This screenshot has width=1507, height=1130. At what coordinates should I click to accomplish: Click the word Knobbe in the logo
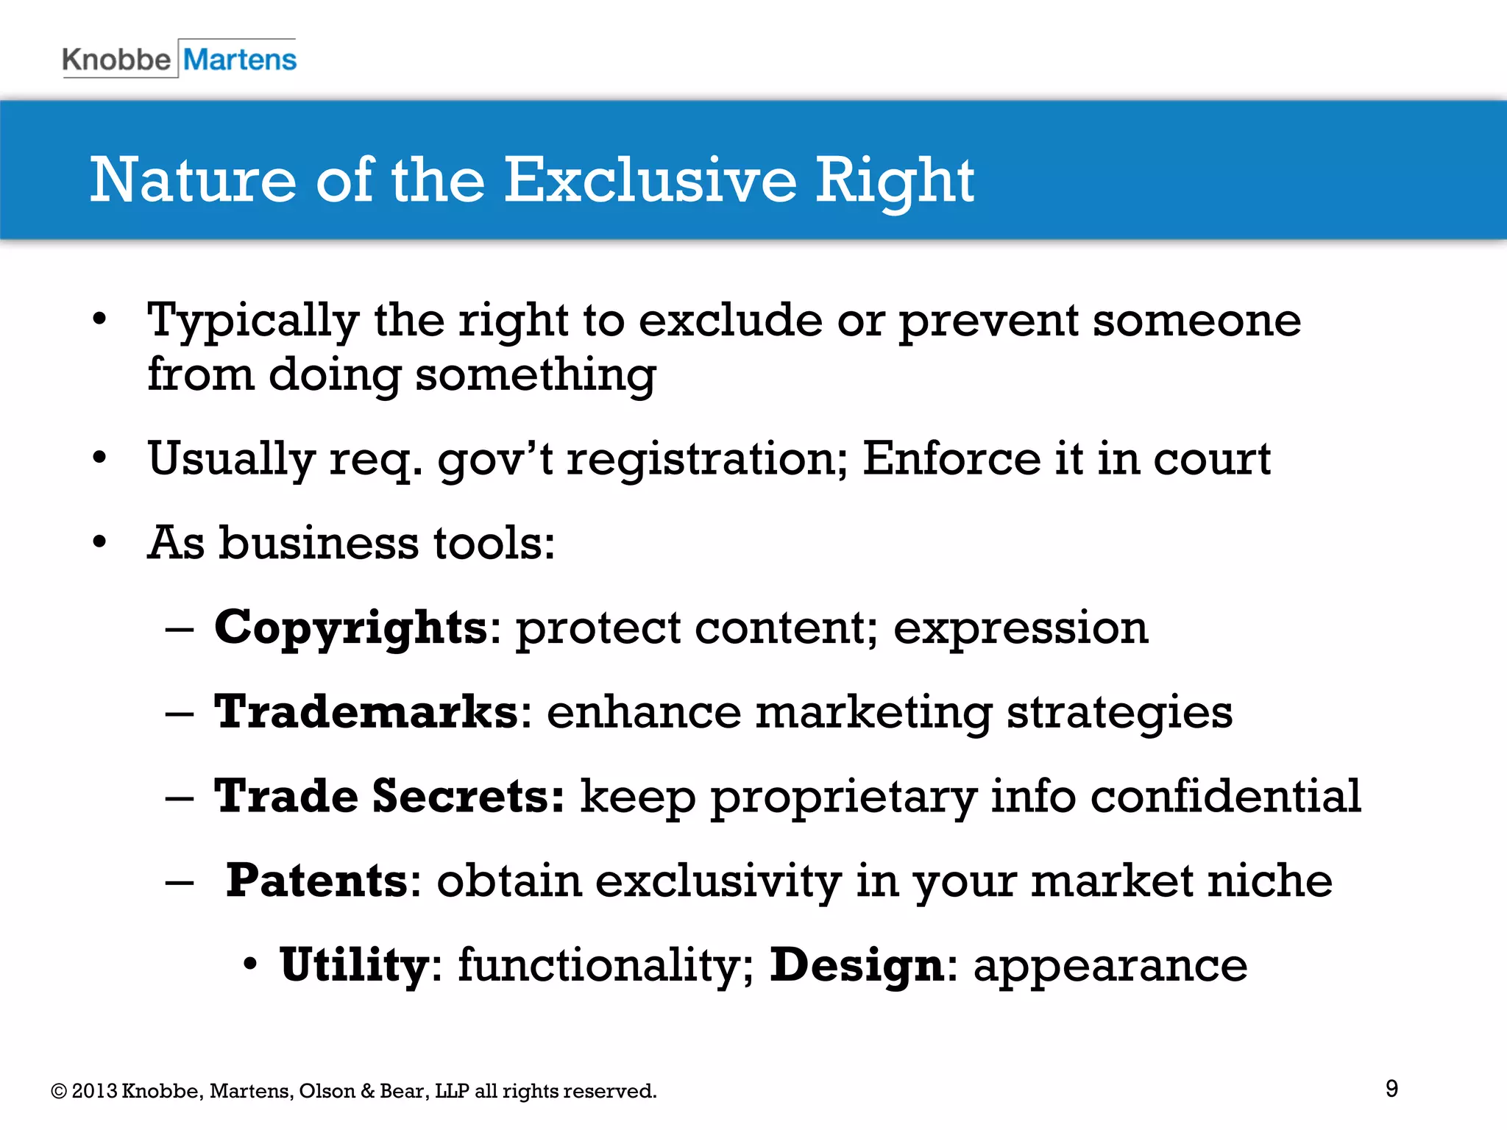coord(116,60)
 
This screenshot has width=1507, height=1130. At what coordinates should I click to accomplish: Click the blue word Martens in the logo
coord(240,60)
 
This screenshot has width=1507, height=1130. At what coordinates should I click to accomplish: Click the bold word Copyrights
coord(351,628)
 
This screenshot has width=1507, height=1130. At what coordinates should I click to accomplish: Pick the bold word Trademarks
coord(366,712)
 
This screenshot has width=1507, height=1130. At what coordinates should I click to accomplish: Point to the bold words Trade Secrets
coord(389,796)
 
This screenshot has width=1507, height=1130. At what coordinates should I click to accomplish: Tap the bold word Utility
coord(354,964)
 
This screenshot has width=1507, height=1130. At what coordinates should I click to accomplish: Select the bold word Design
coord(857,964)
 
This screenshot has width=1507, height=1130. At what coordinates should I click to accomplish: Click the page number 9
coord(1391,1088)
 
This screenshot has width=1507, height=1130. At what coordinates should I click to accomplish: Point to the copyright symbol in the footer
coord(59,1091)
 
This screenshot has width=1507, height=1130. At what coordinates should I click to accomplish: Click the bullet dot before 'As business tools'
coord(100,543)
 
